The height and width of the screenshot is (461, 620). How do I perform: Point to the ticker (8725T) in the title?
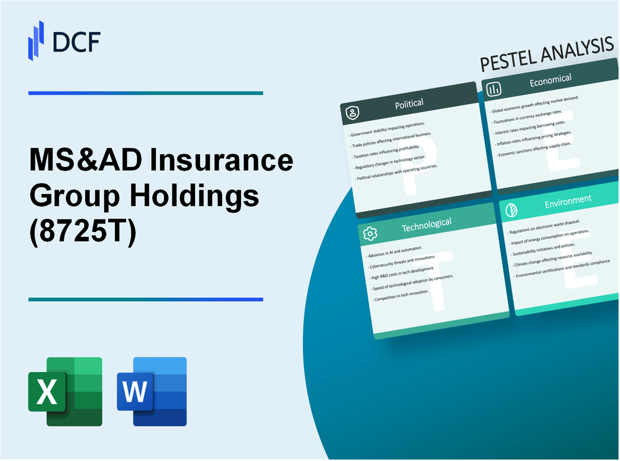coord(82,232)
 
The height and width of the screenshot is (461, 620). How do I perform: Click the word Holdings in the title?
coord(194,197)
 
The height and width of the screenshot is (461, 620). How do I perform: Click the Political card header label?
coord(409,103)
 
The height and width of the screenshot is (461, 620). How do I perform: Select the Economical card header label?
coord(550,80)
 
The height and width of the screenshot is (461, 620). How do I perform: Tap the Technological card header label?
coord(427,224)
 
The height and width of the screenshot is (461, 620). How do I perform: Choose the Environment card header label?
coord(568,199)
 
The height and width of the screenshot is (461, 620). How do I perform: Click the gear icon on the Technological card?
coord(370,233)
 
